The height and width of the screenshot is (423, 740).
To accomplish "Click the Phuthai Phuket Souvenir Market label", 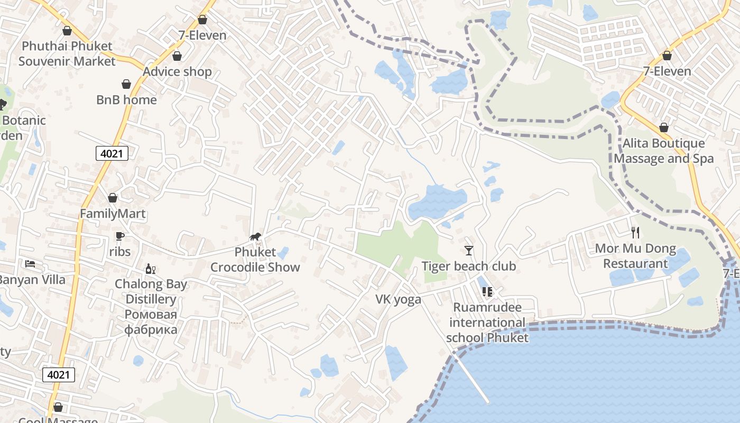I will click(67, 53).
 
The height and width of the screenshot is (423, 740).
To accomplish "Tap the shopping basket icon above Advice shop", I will click(177, 56).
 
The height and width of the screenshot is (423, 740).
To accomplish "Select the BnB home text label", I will click(126, 99).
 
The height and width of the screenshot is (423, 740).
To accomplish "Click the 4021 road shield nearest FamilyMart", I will click(112, 154).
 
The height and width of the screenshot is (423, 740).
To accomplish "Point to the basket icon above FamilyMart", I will click(113, 198).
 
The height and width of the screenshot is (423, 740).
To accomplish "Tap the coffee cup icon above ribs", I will click(120, 236).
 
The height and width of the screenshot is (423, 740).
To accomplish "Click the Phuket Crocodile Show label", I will click(255, 260).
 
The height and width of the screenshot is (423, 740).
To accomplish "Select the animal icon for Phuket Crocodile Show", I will click(255, 237).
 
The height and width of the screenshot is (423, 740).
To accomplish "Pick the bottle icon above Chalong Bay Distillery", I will click(151, 269).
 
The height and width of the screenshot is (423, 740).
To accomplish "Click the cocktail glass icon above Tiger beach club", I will click(468, 251).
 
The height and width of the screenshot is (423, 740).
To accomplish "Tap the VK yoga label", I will click(398, 299).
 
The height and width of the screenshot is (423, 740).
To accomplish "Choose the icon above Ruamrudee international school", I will click(487, 292).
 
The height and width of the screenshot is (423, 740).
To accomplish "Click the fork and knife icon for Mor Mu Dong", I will click(635, 233).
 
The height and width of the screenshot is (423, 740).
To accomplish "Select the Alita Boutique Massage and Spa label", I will click(663, 151).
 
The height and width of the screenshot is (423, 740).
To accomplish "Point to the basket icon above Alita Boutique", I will click(663, 128).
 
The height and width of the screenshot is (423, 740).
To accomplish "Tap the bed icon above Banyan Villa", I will click(30, 264).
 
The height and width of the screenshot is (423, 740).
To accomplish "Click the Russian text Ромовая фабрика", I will click(151, 322).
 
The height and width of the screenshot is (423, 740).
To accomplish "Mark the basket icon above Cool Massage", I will click(58, 407).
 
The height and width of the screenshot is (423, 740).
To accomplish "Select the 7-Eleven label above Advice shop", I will click(202, 35).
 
